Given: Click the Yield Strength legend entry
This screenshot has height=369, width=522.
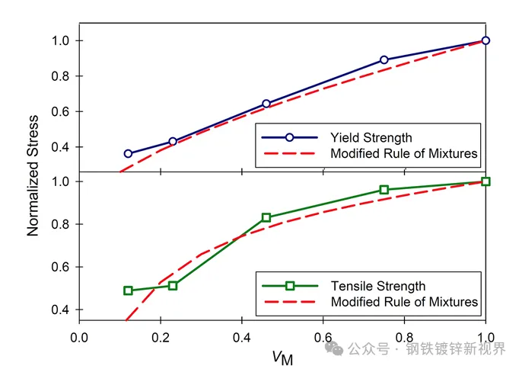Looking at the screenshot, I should point(371,138).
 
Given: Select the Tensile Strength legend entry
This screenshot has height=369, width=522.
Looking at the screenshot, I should point(377,286).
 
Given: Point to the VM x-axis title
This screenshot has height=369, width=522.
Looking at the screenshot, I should point(282,355).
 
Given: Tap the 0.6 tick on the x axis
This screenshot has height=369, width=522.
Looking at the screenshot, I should point(323,336).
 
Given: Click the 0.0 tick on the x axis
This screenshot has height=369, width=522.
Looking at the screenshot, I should point(79,336).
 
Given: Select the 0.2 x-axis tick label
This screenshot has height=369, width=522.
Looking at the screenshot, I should point(161,336).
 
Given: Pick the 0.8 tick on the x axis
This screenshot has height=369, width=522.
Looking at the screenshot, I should point(404,336).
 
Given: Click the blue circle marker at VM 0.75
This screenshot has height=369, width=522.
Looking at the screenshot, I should point(384,59).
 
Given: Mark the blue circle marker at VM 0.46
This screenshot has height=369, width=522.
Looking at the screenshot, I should point(266,104).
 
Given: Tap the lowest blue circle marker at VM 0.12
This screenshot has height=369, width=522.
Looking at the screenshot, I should point(128,153).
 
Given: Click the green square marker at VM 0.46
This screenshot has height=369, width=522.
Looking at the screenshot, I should point(266,217).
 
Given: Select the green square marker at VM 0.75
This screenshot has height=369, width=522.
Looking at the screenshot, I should point(384,190).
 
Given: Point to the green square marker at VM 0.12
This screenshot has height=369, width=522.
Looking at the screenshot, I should point(128,290).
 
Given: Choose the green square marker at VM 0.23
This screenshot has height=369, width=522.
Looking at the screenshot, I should point(173,285).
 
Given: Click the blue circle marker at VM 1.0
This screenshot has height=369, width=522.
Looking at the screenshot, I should point(485,40).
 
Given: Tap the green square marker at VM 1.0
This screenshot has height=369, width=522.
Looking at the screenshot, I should point(485,181).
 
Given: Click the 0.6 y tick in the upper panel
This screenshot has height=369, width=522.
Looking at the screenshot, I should point(62,111).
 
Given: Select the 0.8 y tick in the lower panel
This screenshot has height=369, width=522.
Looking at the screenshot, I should point(62,224).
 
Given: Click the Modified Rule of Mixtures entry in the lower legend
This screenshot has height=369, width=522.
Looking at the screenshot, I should point(404,302).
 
